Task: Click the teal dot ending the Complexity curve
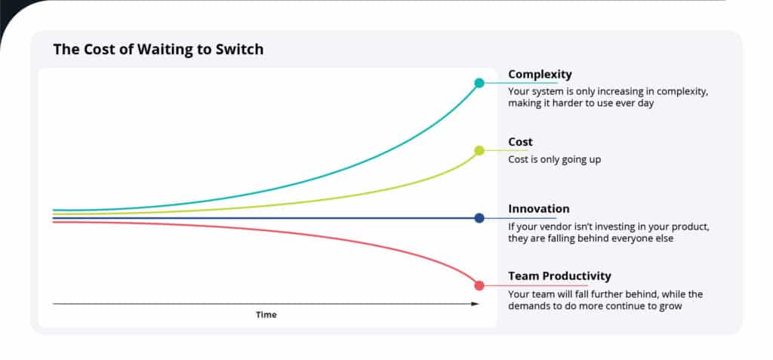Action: [479, 82]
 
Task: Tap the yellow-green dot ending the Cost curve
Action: [479, 150]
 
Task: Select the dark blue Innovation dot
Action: [479, 218]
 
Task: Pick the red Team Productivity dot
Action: [479, 285]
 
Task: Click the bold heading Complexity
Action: [540, 74]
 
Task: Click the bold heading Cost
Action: [520, 142]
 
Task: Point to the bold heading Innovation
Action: [538, 209]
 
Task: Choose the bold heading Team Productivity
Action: [559, 276]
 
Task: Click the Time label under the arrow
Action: [266, 315]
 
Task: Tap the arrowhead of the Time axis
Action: [475, 303]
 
